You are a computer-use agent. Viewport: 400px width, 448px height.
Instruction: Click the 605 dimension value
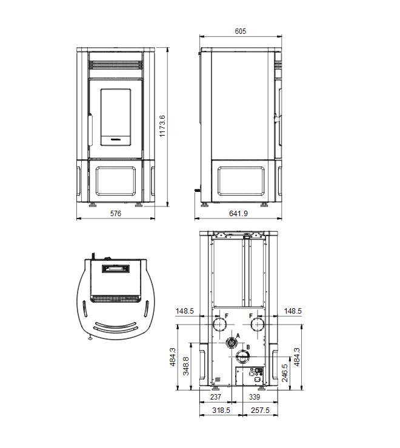coord(241,31)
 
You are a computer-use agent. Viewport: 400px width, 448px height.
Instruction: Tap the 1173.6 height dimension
coord(162,126)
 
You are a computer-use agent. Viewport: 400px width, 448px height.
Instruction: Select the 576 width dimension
coord(116,213)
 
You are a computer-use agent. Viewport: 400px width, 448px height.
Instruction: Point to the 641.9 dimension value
coord(238,213)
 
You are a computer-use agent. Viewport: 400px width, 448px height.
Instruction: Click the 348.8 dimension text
coord(186,366)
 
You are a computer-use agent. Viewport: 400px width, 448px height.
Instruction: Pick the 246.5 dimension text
coord(285,372)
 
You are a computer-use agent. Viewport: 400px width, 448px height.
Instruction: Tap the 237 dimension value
coord(215,397)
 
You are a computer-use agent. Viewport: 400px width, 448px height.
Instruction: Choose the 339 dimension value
coord(255,397)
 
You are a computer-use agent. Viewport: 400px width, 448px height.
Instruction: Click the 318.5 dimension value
coord(221,410)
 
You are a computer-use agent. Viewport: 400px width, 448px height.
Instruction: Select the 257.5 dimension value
coord(261,410)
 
